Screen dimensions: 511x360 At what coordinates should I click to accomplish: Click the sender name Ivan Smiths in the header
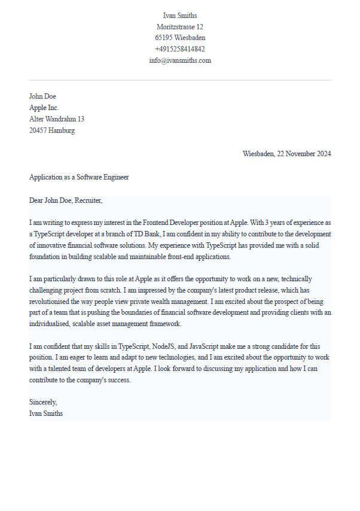click(179, 16)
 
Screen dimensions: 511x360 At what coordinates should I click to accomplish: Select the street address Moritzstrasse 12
click(179, 27)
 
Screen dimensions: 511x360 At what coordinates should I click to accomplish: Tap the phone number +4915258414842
click(179, 49)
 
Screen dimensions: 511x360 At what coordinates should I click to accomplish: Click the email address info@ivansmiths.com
click(179, 60)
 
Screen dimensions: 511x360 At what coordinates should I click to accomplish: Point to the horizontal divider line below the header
click(179, 80)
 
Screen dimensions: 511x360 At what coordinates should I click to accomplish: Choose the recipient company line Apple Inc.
click(44, 108)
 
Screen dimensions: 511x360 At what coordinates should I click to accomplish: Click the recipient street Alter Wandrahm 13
click(57, 119)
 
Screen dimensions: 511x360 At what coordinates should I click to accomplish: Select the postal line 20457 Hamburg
click(52, 130)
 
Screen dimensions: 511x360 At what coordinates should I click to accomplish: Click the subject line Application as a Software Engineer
click(79, 177)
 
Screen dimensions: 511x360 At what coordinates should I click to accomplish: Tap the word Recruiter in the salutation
click(88, 200)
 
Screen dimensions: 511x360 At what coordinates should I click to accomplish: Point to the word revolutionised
click(52, 302)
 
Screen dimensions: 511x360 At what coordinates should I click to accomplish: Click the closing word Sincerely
click(43, 403)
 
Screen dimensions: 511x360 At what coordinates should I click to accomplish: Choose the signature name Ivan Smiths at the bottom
click(46, 413)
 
